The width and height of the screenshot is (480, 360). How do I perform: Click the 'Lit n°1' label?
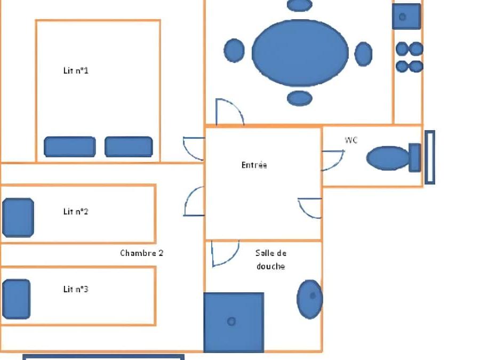76,70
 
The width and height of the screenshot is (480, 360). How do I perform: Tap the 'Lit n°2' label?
76,211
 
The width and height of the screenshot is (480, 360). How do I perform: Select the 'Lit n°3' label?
76,289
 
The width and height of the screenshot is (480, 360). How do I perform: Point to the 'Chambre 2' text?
142,253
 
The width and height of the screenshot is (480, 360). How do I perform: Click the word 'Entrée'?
254,165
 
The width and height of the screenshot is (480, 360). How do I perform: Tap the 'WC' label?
351,140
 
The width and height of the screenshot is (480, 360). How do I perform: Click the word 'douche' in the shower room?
270,266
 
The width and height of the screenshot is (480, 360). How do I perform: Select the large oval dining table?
300,53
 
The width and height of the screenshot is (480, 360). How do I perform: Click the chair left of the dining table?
234,51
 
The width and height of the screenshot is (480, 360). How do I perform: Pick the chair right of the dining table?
363,54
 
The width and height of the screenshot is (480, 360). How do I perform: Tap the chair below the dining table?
300,98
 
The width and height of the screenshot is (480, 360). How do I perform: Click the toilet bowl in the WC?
388,158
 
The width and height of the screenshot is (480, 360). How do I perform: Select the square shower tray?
234,322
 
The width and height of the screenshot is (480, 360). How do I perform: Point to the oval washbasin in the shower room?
310,299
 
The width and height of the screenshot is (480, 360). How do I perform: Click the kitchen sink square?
406,17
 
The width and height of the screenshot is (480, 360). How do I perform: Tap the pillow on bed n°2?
18,218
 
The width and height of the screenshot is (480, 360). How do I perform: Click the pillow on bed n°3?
16,299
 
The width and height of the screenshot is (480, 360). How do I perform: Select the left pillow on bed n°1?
70,147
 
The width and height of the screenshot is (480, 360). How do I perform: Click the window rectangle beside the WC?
430,157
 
